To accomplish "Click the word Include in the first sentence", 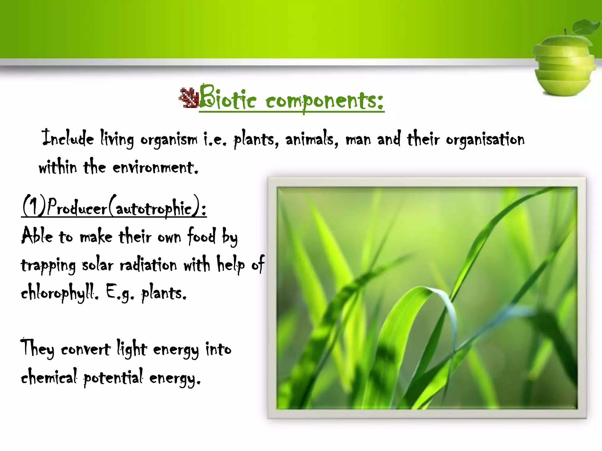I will (x=68, y=138).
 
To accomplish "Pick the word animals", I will (x=312, y=139).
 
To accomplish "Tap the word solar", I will (x=97, y=265).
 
